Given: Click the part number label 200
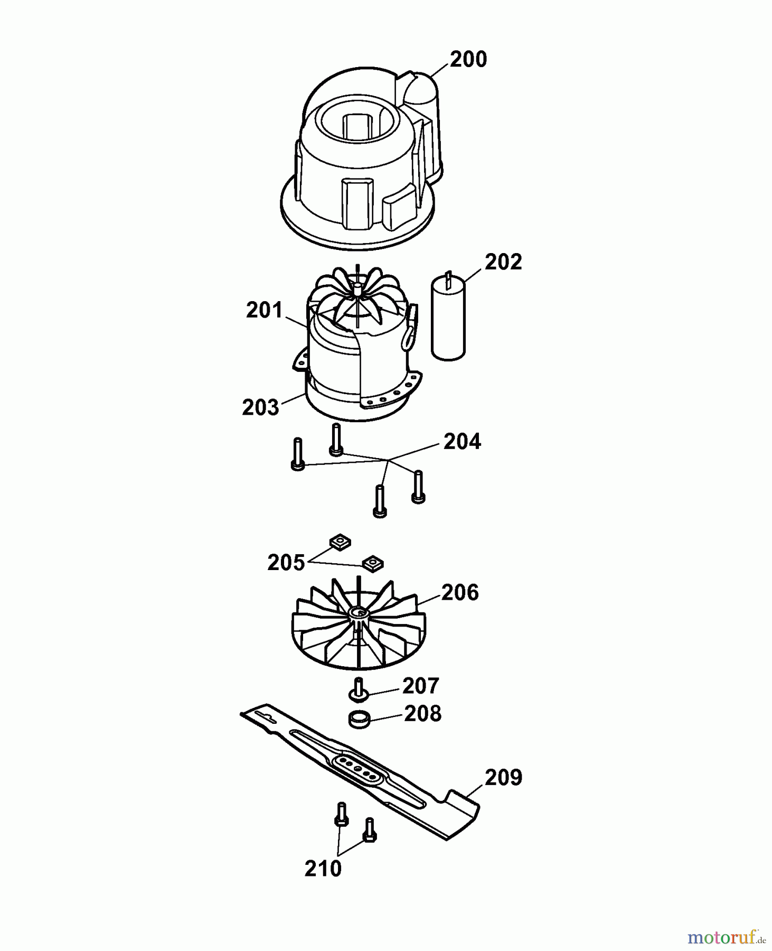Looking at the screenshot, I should (468, 59).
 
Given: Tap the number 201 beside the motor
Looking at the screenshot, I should (264, 310).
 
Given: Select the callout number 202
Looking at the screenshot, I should (503, 262).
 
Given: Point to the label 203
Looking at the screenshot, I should (260, 407).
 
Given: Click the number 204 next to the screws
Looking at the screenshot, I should (462, 442).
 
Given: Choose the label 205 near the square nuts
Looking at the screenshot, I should (286, 563).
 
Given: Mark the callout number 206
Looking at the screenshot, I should (459, 593).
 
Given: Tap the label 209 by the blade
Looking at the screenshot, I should (503, 777).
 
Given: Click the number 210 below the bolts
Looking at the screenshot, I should (323, 869).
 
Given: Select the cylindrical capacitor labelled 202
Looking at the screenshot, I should (449, 320).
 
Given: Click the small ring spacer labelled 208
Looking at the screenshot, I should (359, 719).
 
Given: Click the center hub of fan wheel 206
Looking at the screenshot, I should (359, 612).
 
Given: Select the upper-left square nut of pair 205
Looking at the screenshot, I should (341, 542).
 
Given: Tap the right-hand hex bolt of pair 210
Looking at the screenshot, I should (370, 830).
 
